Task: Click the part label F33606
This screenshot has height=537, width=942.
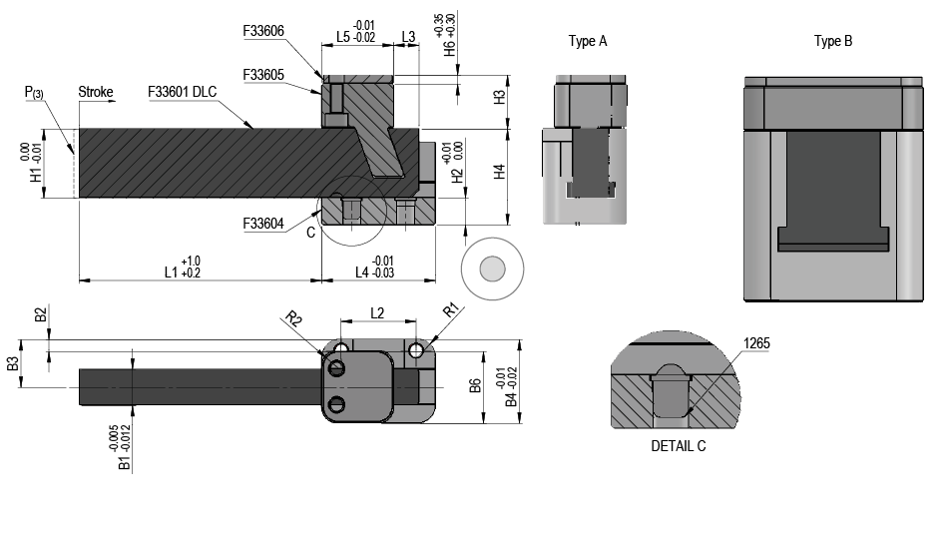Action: [263, 31]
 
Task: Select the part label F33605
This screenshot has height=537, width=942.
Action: [263, 75]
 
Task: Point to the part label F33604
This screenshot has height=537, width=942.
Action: [263, 225]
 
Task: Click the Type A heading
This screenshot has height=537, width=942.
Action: [588, 41]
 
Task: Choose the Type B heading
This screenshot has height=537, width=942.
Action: [833, 41]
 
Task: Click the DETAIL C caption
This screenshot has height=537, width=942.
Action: [678, 446]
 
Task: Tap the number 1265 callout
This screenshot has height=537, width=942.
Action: [756, 343]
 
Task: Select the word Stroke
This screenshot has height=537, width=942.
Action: [96, 93]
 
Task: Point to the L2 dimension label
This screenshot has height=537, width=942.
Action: [378, 312]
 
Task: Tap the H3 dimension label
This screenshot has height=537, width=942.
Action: [501, 99]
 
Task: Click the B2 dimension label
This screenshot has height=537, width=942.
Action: [41, 315]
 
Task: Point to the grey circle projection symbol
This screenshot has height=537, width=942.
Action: [492, 269]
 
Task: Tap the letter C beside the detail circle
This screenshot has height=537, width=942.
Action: [310, 233]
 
